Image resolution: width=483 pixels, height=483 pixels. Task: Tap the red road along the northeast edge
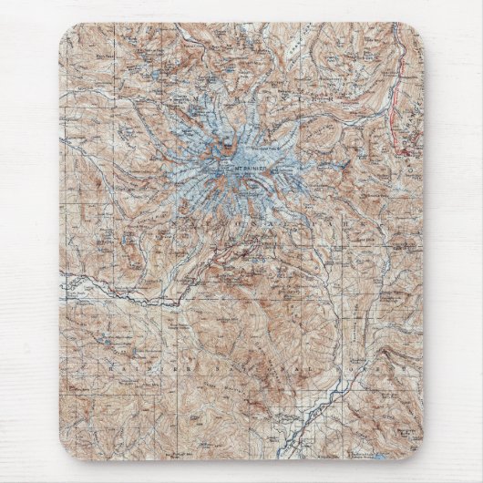tap(395, 109)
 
